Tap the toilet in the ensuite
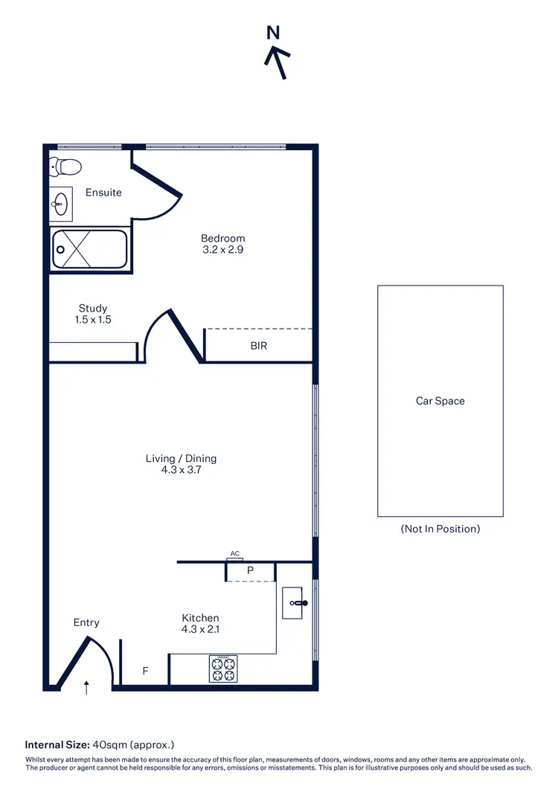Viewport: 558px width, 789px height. coord(65,167)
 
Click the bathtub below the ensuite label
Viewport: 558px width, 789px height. coord(89,249)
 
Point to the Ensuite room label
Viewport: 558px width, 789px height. coord(103,193)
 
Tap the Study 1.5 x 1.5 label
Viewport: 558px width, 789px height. coord(93,314)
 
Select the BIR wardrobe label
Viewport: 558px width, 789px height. coord(259,346)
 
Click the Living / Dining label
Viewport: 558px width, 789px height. coord(181,464)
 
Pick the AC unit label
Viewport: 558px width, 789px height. coord(235,554)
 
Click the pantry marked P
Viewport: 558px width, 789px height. coord(251,571)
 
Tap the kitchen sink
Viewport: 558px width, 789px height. coord(298,602)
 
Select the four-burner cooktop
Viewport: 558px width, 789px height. coord(223,669)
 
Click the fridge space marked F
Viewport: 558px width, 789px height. coord(146,671)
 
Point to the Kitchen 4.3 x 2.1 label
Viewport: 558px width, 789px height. coord(200,623)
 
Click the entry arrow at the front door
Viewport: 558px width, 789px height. coord(87,687)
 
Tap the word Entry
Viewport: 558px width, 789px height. coord(86,622)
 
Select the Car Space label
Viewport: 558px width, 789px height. coord(440,401)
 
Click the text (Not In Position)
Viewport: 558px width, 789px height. coord(440,529)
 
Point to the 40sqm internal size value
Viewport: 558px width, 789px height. coord(108,744)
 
